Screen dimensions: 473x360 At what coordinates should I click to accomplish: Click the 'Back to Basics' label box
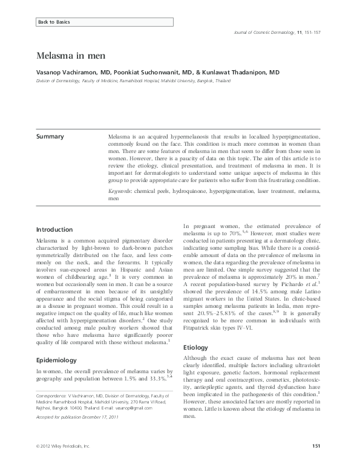[54, 22]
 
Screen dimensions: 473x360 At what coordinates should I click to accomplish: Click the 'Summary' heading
[50, 138]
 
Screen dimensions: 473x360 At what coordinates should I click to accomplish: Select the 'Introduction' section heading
[54, 230]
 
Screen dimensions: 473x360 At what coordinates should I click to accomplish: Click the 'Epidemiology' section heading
[57, 359]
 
